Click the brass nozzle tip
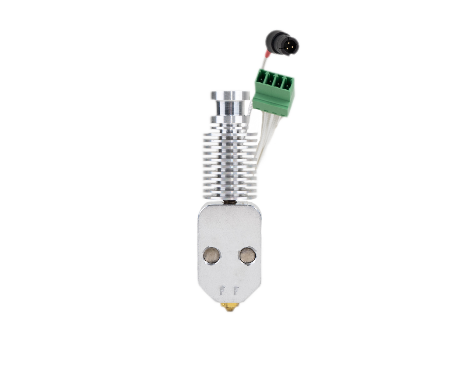point(229,308)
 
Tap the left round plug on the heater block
point(212,255)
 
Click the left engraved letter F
point(222,291)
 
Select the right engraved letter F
point(236,291)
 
